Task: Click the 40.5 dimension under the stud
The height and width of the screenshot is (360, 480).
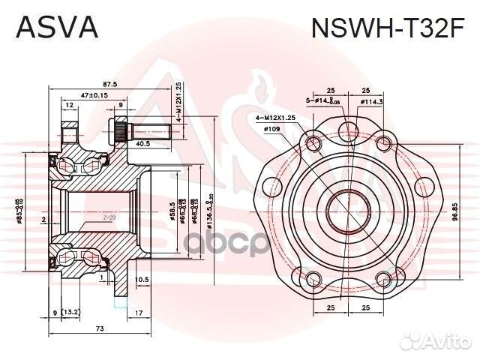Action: [143, 144]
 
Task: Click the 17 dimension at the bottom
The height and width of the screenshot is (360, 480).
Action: [139, 313]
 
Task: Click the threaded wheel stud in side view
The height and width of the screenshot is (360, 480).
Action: [150, 134]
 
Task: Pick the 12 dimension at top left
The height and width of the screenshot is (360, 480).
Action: [69, 106]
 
